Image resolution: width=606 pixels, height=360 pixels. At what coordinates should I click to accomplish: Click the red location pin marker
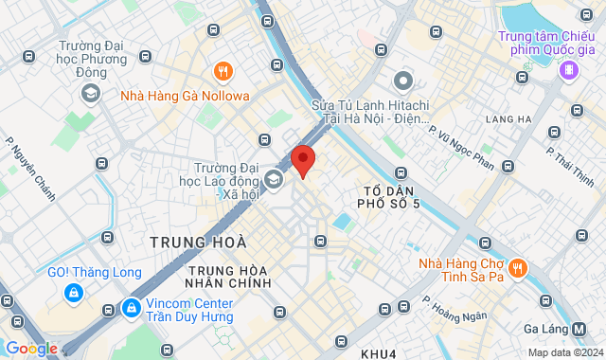coord(302,159)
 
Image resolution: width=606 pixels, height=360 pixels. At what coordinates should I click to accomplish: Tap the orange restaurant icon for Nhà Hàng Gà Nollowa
coord(223,70)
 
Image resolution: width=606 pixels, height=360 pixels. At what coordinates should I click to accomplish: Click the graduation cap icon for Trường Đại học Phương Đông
coord(90,92)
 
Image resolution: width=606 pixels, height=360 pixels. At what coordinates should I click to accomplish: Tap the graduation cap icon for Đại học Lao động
coord(274,178)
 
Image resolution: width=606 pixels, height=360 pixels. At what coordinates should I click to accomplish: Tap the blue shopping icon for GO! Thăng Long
coord(72,294)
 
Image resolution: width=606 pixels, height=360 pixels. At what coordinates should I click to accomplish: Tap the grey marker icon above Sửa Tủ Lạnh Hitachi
coord(404,80)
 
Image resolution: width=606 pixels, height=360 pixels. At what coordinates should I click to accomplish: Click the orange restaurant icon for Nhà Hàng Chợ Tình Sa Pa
coord(517,268)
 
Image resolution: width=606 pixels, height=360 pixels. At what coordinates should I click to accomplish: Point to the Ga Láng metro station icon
coord(593,328)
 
